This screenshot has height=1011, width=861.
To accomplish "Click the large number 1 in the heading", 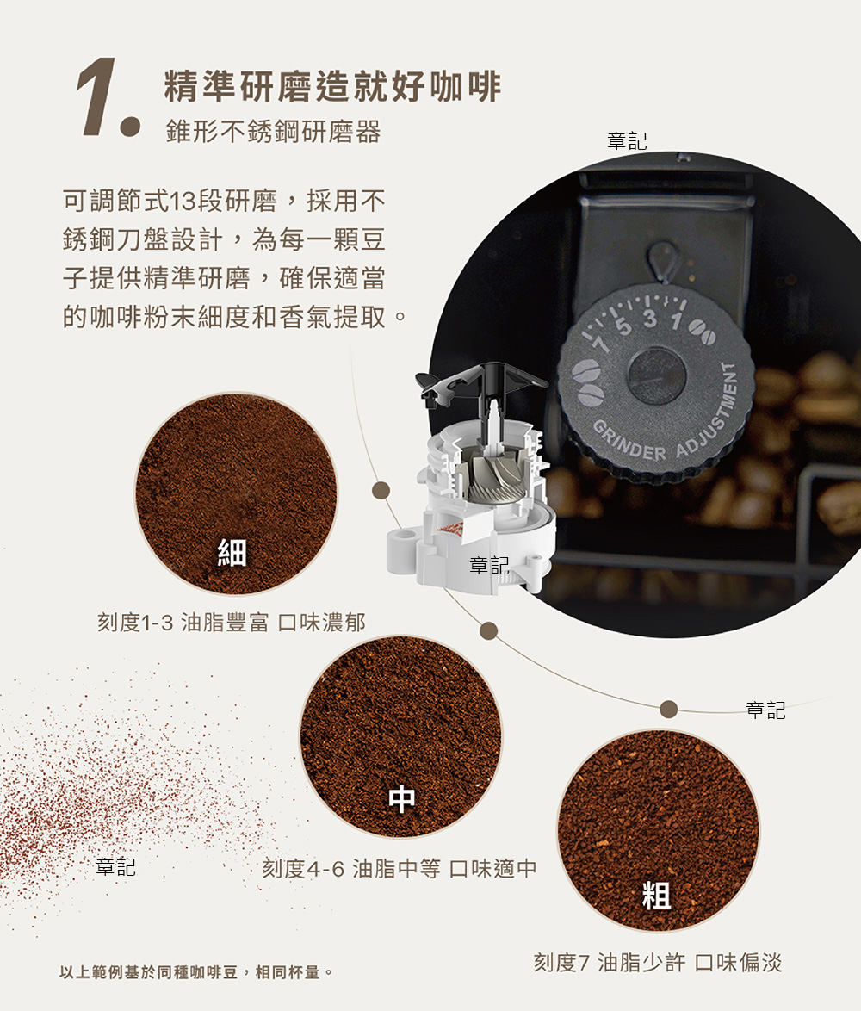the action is click(96, 96).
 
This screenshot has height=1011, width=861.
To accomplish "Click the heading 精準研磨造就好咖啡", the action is click(332, 86).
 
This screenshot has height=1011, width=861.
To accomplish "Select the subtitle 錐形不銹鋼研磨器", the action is click(273, 132).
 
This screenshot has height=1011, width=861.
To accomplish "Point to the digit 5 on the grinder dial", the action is click(623, 326).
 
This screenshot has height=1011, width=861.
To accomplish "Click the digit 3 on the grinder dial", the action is click(649, 319).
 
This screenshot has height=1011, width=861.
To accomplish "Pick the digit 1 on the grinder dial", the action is click(675, 320).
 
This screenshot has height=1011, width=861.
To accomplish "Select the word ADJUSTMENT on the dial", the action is click(711, 413).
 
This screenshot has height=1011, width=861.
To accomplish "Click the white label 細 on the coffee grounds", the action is click(232, 553).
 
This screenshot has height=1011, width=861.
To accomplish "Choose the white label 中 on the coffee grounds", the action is click(401, 799).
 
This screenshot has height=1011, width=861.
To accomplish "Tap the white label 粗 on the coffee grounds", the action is click(657, 896).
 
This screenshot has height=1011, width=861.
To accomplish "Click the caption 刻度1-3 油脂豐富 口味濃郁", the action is click(232, 623).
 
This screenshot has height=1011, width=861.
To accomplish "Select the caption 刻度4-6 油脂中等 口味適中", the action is click(399, 869).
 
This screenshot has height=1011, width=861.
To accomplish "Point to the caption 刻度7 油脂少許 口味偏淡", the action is click(657, 963).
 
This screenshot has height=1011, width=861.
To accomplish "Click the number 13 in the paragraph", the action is click(183, 202).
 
